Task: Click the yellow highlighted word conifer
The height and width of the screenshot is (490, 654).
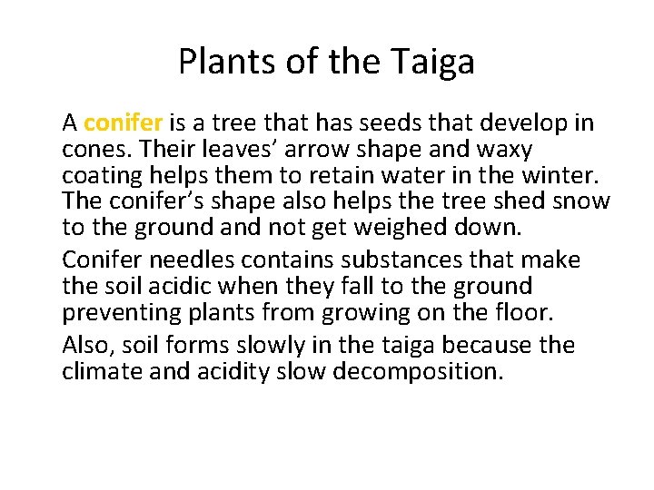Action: [x=123, y=122]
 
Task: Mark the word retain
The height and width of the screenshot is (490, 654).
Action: [x=298, y=173]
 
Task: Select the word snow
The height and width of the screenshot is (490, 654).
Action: [x=582, y=200]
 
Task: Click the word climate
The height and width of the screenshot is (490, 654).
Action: [x=100, y=371]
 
